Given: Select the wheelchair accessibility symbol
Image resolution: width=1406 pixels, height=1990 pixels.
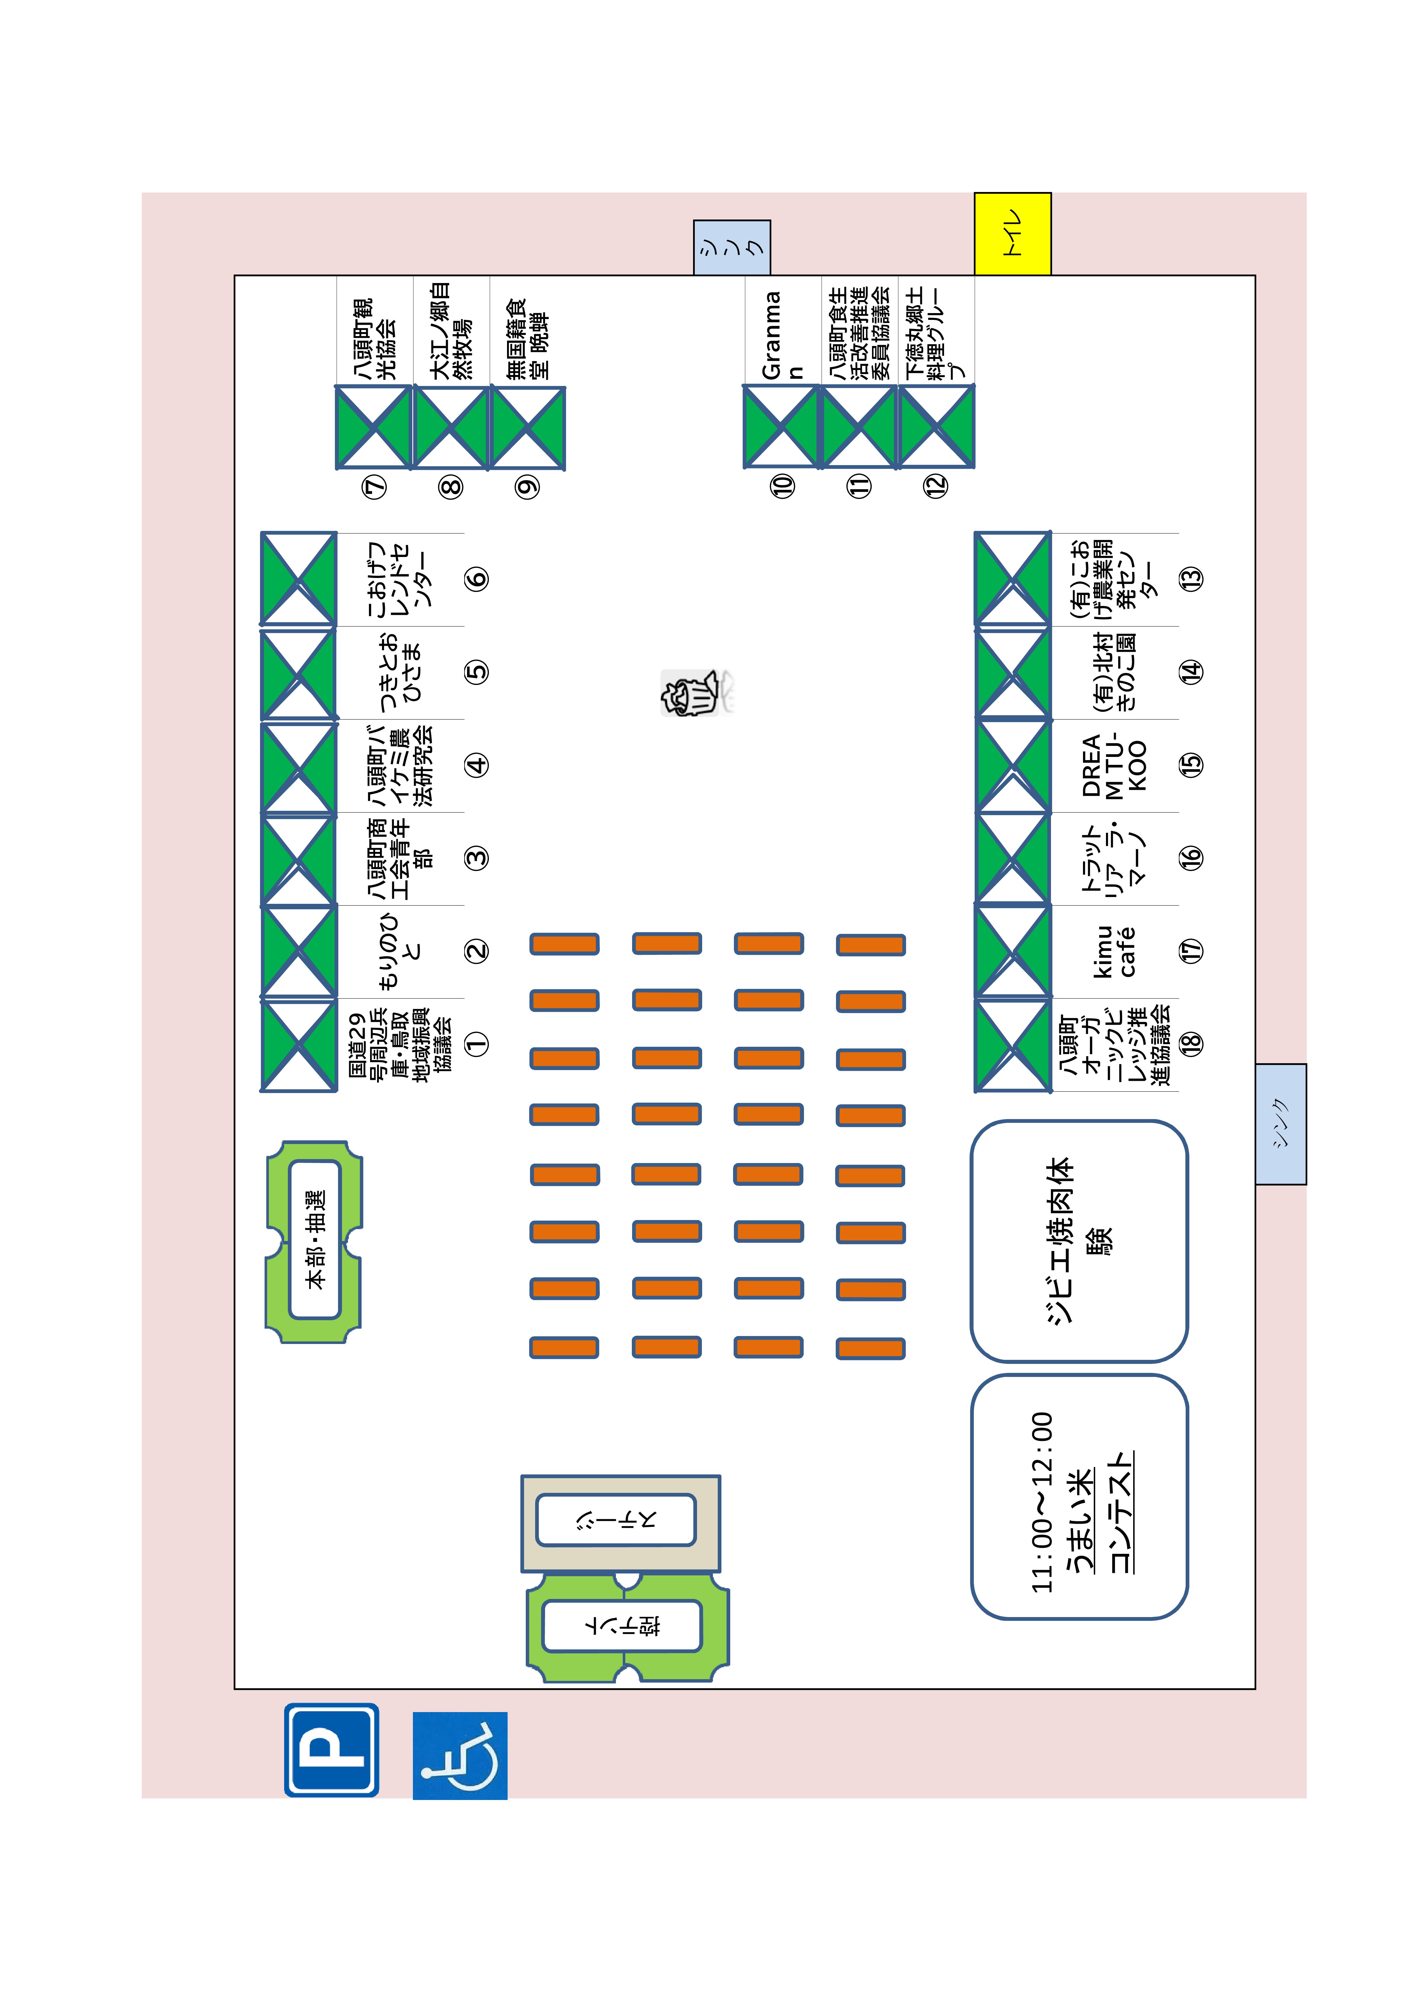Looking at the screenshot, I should point(459,1755).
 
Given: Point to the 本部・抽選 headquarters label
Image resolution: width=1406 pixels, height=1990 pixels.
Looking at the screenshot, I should point(315,1239).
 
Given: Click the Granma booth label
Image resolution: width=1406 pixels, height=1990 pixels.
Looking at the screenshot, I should point(782,334).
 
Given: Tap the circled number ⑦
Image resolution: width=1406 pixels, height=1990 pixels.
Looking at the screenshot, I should point(375,487).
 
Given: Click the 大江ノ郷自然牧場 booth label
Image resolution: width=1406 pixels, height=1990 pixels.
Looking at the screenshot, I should point(451,331).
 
